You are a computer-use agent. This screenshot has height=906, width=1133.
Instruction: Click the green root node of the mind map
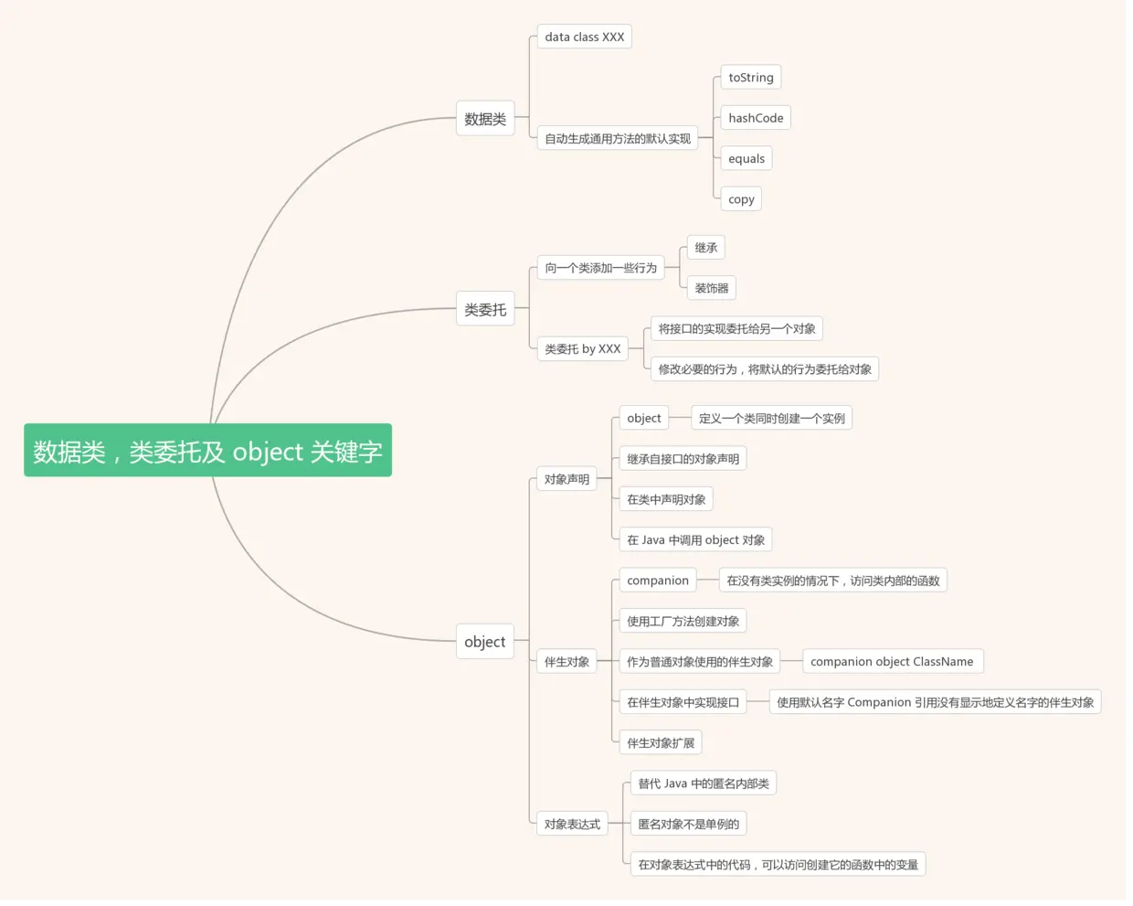coord(207,450)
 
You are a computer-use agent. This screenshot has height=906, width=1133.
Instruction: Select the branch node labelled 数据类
coord(485,119)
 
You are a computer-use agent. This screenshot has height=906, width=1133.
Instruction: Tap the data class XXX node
coord(584,37)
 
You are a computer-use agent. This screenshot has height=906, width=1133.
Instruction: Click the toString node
coord(750,78)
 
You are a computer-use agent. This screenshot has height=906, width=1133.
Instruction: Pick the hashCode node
coord(755,118)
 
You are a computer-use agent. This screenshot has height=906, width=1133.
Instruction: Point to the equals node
coord(746,158)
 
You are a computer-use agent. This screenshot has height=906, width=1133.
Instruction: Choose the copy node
coord(741,199)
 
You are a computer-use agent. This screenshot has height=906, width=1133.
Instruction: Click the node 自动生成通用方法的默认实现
coord(618,139)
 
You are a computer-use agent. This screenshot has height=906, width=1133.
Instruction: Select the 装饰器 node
coord(711,288)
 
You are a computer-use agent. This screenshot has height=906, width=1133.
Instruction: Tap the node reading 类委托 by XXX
coord(582,349)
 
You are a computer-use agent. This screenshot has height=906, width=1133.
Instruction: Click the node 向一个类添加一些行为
coord(600,268)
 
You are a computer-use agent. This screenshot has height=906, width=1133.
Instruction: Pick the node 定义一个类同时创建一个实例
coord(771,419)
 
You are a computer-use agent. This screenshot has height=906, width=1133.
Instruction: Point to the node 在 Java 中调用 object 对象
coord(695,540)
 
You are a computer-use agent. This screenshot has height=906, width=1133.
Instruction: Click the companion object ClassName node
coord(891,662)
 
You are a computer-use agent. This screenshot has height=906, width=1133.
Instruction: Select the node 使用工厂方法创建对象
coord(683,622)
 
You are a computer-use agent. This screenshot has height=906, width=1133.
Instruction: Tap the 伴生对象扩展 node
coord(660,743)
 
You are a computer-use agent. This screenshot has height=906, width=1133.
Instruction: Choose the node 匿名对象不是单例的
coord(688,825)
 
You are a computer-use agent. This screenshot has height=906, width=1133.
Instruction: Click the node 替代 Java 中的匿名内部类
coord(703,783)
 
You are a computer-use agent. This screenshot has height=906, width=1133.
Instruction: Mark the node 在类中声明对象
coord(666,499)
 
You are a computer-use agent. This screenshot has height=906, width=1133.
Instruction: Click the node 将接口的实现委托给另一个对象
coord(736,329)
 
